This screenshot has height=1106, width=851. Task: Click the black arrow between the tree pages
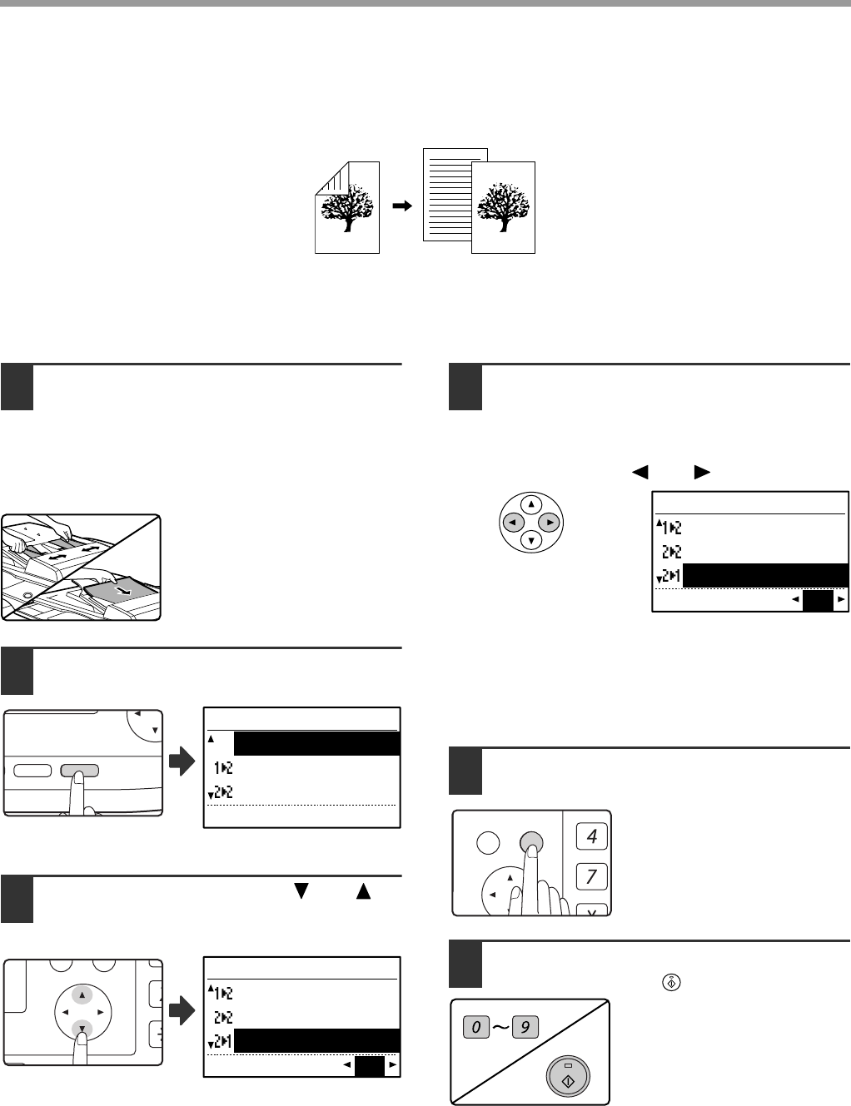click(x=402, y=206)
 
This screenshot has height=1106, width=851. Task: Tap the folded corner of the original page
click(x=331, y=178)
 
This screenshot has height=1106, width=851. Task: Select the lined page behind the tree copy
click(x=448, y=195)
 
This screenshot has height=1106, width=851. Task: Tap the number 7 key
click(x=591, y=877)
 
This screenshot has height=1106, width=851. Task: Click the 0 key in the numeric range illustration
click(x=476, y=1027)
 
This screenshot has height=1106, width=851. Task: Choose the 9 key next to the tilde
click(x=525, y=1027)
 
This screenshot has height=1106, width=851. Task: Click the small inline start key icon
click(x=671, y=982)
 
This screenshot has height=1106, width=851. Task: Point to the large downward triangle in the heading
click(x=301, y=890)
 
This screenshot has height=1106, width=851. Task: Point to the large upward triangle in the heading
click(x=363, y=890)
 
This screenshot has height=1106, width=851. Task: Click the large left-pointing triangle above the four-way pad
click(x=640, y=473)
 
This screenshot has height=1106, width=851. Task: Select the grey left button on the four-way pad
click(x=514, y=522)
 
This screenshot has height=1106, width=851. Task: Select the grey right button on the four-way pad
click(x=549, y=522)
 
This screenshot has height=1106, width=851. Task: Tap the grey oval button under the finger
click(x=79, y=771)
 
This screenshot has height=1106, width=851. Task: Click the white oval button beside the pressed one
click(x=32, y=771)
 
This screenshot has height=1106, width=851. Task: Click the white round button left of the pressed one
click(x=488, y=842)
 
